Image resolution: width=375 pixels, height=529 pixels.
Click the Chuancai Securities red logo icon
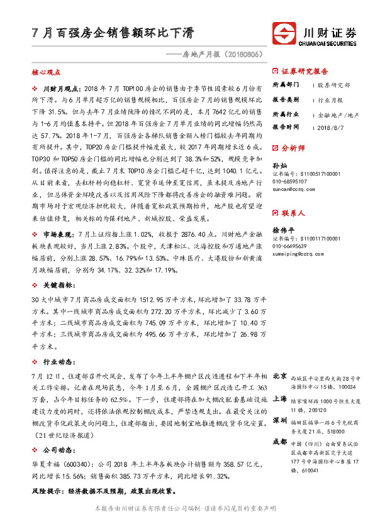click(286, 32)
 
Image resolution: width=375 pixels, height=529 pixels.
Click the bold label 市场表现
click(61, 234)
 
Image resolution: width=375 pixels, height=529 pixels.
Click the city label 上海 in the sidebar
click(280, 398)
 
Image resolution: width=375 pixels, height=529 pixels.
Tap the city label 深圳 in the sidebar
click(280, 420)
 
